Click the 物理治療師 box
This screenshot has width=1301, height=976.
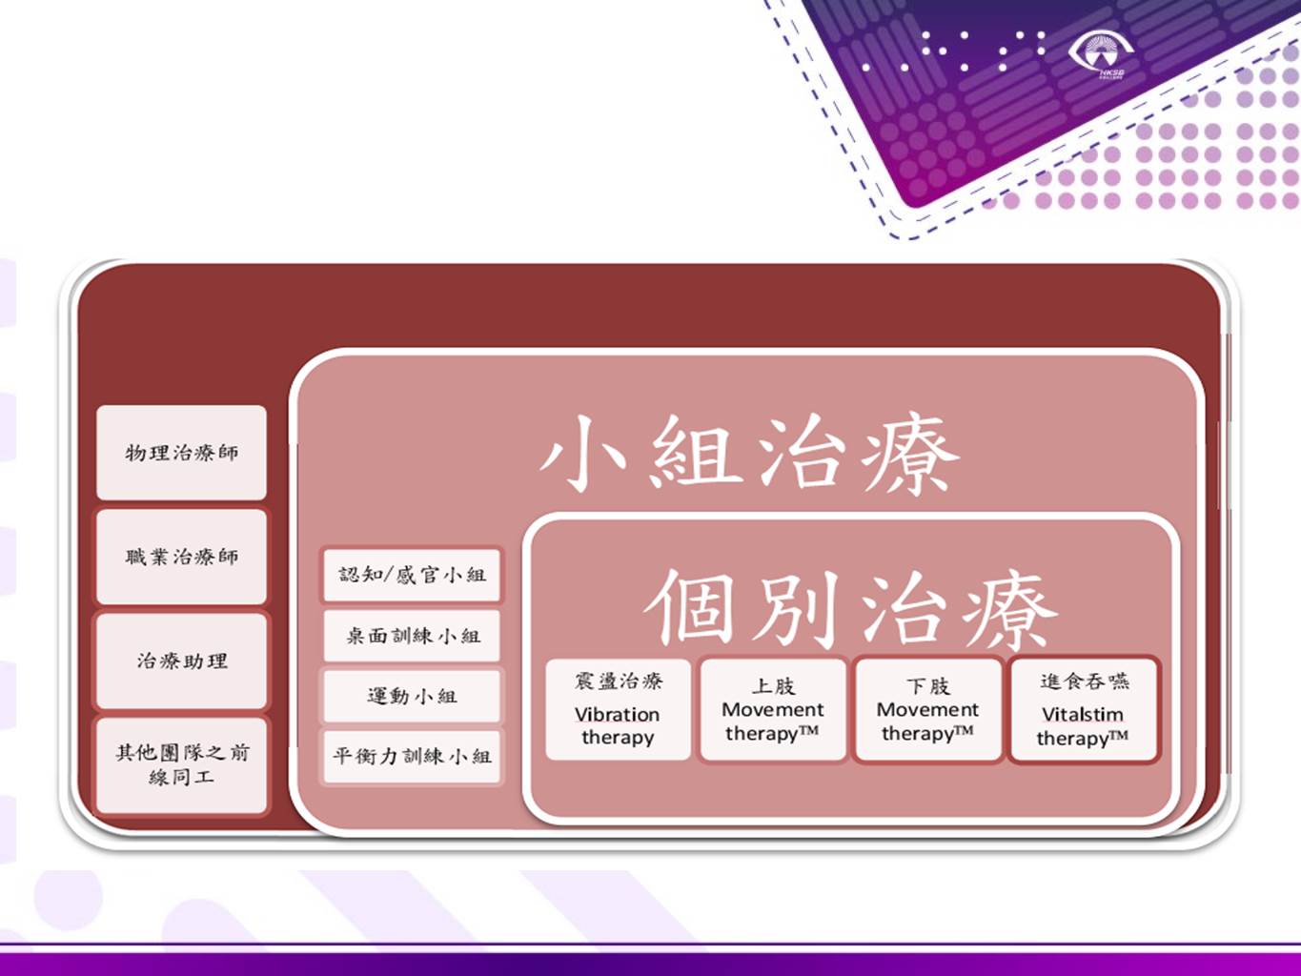pos(181,453)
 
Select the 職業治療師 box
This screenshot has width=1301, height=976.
pos(181,557)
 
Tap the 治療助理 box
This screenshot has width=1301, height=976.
pos(181,661)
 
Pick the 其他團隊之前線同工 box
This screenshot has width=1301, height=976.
pos(181,764)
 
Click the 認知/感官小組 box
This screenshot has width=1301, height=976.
pos(412,575)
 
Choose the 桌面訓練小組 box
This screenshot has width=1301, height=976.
pos(412,636)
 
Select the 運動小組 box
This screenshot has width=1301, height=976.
pos(412,696)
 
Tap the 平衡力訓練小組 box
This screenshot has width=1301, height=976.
pos(412,757)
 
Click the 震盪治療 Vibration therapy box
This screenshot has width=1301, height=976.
pos(618,710)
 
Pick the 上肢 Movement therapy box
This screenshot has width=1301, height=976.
pos(773,710)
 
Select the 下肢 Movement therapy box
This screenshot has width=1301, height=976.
pos(928,710)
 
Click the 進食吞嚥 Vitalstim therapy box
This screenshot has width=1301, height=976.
pos(1084,710)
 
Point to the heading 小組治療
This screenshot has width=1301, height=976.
pos(750,454)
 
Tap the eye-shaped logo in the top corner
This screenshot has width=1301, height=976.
pos(1101,53)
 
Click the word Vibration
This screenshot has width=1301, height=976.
pos(617,715)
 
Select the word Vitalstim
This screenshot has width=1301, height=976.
pos(1083,715)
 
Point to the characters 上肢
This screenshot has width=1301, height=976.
pos(773,685)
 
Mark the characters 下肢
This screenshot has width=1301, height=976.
pos(928,685)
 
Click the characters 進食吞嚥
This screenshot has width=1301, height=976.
pos(1085,681)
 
